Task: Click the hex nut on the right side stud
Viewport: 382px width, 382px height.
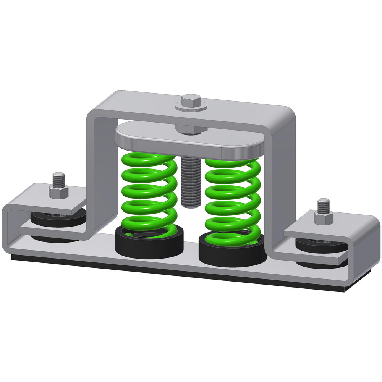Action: (x=323, y=217)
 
